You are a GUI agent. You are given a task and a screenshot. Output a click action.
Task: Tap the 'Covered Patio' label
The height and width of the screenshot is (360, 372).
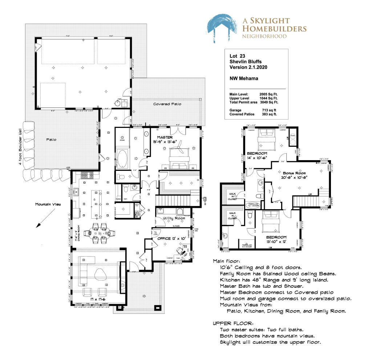[167, 104]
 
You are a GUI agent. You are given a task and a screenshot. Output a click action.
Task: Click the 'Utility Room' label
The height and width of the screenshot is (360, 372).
[174, 218]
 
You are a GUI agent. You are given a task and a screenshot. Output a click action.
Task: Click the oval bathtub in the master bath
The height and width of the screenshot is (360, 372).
[122, 158]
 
